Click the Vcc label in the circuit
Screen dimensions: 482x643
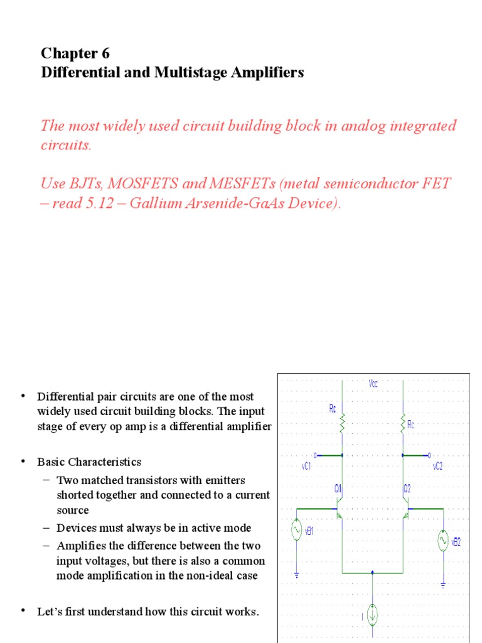point(374,382)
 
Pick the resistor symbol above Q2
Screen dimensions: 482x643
point(402,426)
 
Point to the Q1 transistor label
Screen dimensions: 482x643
point(338,488)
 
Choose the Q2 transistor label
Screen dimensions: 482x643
point(407,488)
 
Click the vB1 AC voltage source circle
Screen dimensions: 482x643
point(296,531)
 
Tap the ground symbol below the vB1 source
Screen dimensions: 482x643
point(296,573)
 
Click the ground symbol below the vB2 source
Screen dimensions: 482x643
point(443,584)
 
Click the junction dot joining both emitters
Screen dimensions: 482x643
point(373,573)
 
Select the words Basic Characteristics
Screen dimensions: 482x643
point(89,462)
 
